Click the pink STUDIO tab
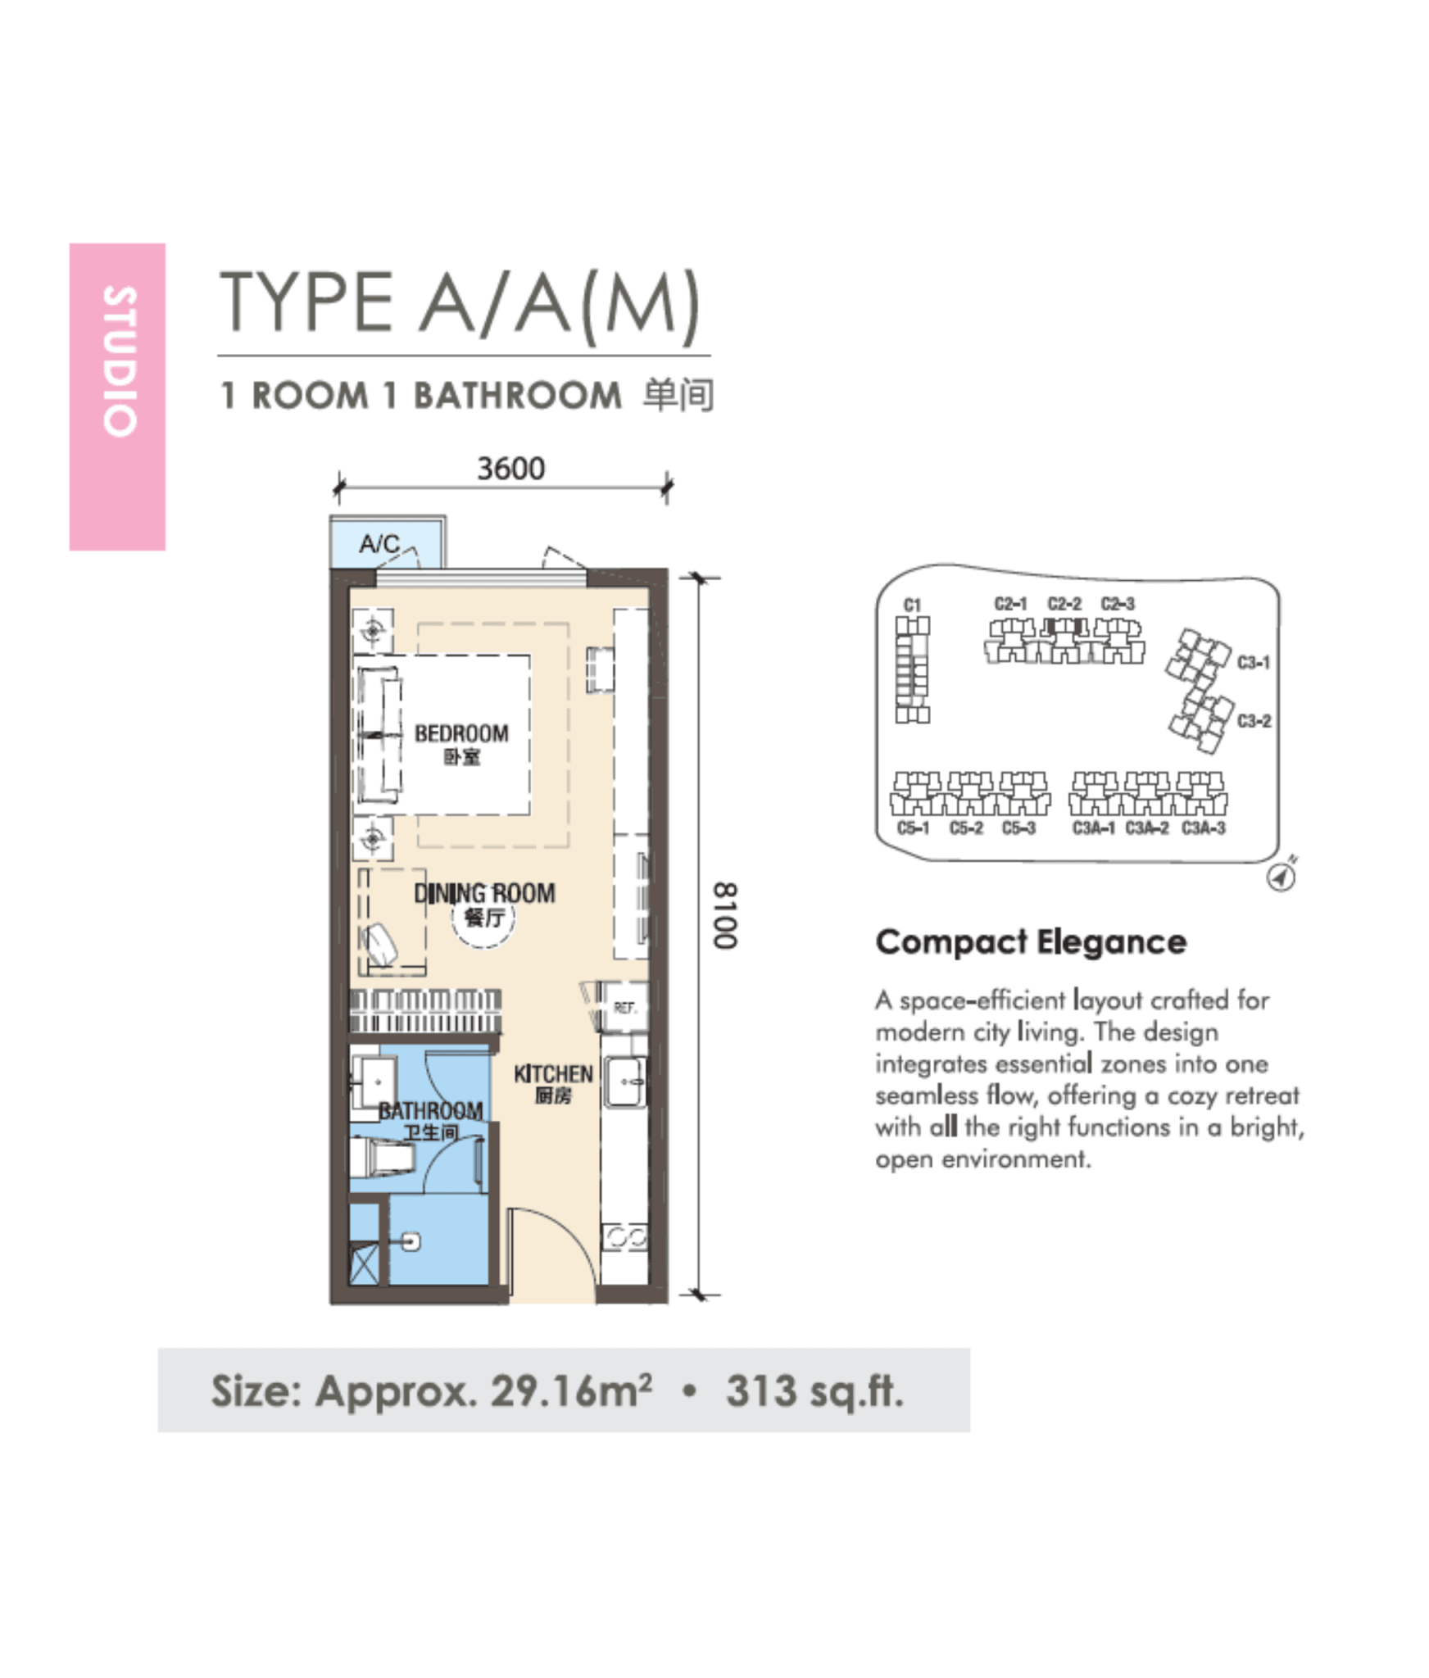tap(117, 396)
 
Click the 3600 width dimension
tap(510, 469)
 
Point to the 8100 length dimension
tap(724, 915)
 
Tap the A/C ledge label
tap(379, 543)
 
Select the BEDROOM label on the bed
tap(461, 733)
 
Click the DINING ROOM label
tap(484, 893)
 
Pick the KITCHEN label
tap(553, 1073)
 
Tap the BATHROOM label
tap(430, 1111)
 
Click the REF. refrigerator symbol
tap(624, 1007)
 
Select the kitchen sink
tap(625, 1082)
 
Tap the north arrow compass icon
tap(1281, 876)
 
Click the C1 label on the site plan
tap(912, 605)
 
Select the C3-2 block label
tap(1254, 721)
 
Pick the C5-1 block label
tap(913, 828)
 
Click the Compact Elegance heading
tap(1031, 942)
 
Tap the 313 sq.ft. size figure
tap(814, 1391)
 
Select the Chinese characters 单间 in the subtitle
tap(678, 395)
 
